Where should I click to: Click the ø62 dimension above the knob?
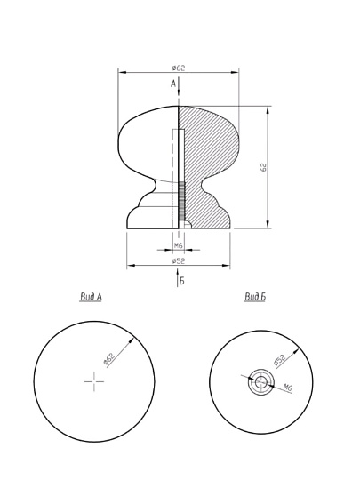[x=179, y=68]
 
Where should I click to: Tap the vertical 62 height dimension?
[x=263, y=167]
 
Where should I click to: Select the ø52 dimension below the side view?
[x=179, y=260]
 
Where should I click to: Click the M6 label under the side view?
[x=178, y=245]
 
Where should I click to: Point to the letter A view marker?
[x=173, y=84]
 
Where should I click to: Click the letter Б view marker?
[x=182, y=281]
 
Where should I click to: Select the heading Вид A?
[x=91, y=297]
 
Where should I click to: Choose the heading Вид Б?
[x=255, y=297]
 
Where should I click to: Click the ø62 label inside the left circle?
[x=109, y=359]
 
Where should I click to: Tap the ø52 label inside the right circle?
[x=279, y=359]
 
